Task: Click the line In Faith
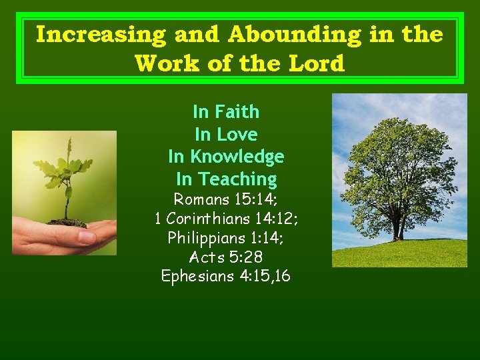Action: coord(226,111)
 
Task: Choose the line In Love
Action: coord(226,134)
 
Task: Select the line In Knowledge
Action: coord(226,157)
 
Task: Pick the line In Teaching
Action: coord(226,179)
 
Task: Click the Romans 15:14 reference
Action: coord(226,199)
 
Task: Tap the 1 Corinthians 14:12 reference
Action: coord(226,218)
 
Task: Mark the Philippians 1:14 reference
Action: coord(226,237)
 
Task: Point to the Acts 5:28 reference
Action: coord(226,257)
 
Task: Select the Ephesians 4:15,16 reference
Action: coord(226,275)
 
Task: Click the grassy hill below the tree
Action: coord(400,253)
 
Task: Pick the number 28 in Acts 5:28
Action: coord(254,257)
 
